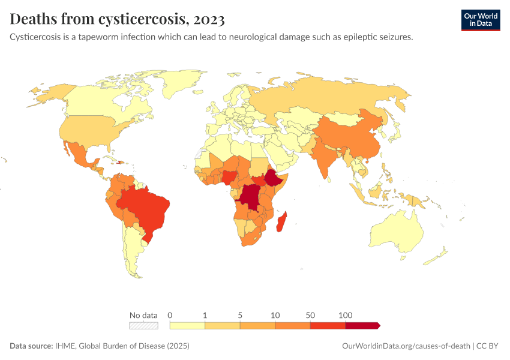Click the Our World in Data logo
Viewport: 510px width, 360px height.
pos(480,20)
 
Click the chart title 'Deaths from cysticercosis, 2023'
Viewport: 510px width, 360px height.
pos(118,19)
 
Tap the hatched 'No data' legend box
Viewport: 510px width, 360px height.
pos(143,325)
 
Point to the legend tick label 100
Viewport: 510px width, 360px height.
pos(345,315)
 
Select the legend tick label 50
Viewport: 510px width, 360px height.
pos(310,315)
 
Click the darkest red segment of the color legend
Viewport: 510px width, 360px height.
pos(362,325)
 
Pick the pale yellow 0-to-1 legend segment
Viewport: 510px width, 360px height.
pos(187,325)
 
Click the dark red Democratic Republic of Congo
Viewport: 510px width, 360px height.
pos(249,197)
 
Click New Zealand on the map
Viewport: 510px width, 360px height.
pos(437,257)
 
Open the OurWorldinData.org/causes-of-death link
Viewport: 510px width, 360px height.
pos(405,346)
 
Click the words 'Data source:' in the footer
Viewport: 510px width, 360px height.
pos(31,346)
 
